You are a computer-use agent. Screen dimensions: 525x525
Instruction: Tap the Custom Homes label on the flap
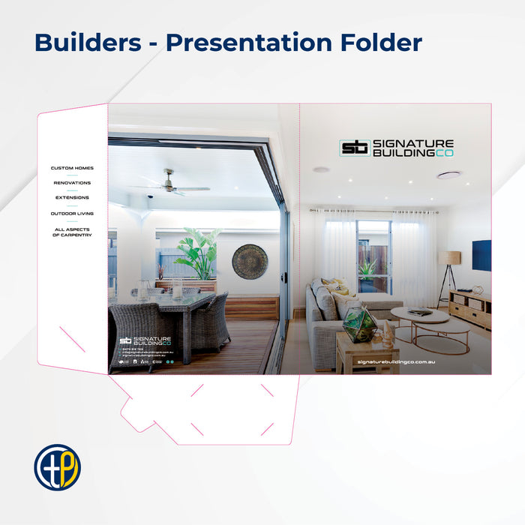72,168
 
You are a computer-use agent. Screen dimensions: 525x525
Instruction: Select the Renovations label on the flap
72,183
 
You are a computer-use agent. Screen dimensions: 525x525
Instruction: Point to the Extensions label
72,198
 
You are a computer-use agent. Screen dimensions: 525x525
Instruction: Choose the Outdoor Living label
72,214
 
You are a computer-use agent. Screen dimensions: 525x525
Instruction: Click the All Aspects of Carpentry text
72,232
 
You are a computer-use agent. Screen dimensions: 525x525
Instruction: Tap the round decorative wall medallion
250,262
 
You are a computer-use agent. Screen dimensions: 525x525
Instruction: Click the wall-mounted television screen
481,255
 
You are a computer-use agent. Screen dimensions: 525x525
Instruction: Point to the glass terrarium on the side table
360,324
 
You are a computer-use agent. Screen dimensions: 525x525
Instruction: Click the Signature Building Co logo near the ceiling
396,148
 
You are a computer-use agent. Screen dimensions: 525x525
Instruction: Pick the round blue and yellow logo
57,467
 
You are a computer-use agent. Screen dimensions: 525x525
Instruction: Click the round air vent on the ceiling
449,175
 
